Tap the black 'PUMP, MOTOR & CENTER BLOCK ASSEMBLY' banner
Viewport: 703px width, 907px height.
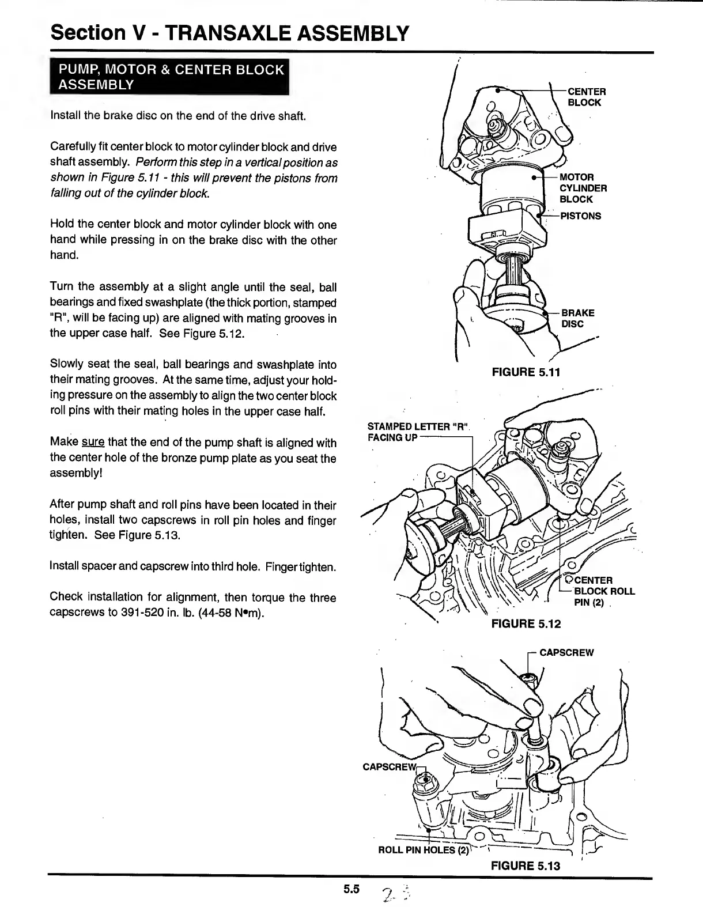[x=169, y=77]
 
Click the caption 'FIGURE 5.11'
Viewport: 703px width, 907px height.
[x=525, y=372]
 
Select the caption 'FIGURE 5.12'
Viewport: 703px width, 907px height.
[x=526, y=623]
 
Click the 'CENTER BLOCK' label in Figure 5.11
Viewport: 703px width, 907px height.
[x=586, y=97]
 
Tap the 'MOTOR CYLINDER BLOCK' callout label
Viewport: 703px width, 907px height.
[x=582, y=188]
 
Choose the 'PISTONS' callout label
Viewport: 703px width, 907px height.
[x=580, y=216]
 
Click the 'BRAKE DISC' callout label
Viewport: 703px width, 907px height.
[x=577, y=318]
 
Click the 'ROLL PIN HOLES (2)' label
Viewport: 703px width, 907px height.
[x=424, y=850]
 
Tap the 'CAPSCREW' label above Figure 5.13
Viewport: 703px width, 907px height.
[x=566, y=653]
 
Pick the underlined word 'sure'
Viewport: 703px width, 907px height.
[x=93, y=443]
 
